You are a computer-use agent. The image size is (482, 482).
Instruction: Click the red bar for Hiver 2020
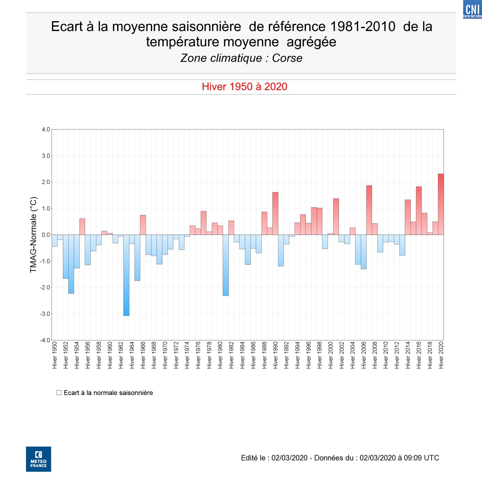pyautogui.click(x=441, y=204)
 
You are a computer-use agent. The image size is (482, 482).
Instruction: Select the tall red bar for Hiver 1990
pyautogui.click(x=275, y=214)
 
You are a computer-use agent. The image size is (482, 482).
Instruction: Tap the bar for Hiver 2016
pyautogui.click(x=419, y=210)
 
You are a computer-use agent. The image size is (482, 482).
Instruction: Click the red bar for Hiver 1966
pyautogui.click(x=143, y=225)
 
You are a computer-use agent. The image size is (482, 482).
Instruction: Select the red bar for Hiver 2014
pyautogui.click(x=408, y=217)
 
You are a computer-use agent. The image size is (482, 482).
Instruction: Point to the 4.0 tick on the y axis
pyautogui.click(x=46, y=130)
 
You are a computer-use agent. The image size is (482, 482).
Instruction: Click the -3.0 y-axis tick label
pyautogui.click(x=45, y=314)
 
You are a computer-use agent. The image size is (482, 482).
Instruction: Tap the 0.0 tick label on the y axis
pyautogui.click(x=46, y=235)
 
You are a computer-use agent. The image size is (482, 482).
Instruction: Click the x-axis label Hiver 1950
pyautogui.click(x=55, y=355)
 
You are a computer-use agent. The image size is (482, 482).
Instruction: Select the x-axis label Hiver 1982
pyautogui.click(x=231, y=355)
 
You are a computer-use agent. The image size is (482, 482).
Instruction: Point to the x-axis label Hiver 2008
pyautogui.click(x=375, y=355)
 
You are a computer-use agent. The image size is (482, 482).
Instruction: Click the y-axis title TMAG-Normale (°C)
pyautogui.click(x=34, y=235)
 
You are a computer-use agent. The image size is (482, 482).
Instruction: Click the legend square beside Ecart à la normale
pyautogui.click(x=59, y=392)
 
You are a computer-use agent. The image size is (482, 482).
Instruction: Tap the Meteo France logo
pyautogui.click(x=38, y=459)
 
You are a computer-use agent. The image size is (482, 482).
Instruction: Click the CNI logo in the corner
pyautogui.click(x=472, y=9)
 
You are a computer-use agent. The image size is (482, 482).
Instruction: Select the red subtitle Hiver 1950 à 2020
pyautogui.click(x=244, y=87)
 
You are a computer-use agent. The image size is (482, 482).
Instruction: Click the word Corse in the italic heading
pyautogui.click(x=287, y=58)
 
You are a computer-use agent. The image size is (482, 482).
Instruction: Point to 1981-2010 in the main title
pyautogui.click(x=363, y=27)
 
